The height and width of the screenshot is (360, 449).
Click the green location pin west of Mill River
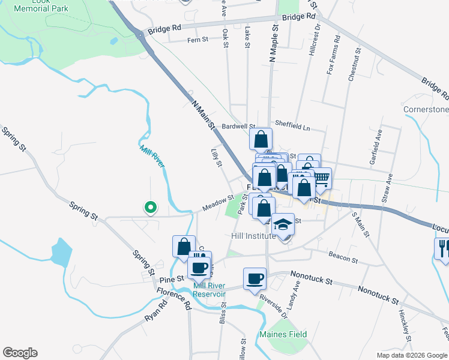click(x=150, y=208)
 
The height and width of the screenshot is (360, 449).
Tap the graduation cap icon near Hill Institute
click(x=283, y=225)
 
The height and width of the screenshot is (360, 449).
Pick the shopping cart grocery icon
click(x=321, y=178)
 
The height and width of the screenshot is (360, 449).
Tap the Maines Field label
click(x=283, y=334)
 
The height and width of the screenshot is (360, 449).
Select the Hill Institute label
click(x=253, y=236)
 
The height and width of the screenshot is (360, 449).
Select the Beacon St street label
click(x=343, y=260)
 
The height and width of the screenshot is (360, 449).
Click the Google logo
click(x=20, y=353)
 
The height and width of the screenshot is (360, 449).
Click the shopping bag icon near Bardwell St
click(x=261, y=139)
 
